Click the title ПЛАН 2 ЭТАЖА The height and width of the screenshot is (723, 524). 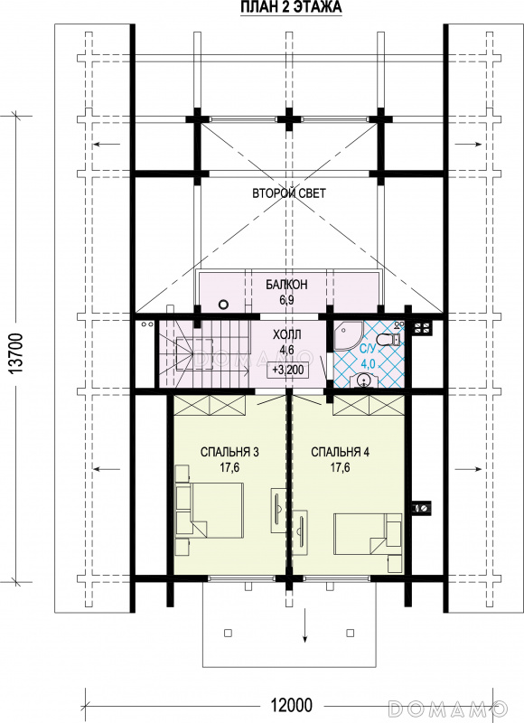tap(291, 7)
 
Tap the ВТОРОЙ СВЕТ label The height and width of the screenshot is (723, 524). tap(289, 192)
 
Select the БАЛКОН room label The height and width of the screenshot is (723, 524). tap(286, 285)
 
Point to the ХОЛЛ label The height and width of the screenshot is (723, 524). tap(287, 334)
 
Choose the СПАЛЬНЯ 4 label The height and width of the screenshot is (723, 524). tap(340, 452)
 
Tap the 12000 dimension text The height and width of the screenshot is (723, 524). tap(291, 705)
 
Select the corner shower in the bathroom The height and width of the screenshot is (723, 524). tap(348, 336)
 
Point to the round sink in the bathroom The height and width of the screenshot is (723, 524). tap(363, 380)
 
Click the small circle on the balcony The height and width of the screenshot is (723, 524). tap(223, 305)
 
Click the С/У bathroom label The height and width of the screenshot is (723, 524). tap(367, 349)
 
